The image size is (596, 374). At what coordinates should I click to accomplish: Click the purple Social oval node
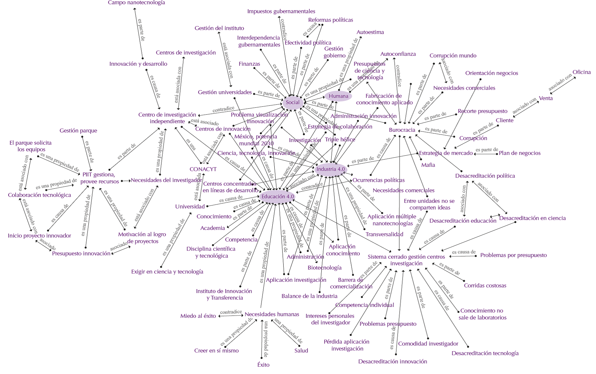coord(293,102)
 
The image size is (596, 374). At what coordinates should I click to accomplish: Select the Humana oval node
coord(338,96)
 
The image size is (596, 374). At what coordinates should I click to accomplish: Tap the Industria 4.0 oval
coord(331,169)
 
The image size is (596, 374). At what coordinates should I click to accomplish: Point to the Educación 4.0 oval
coord(278,196)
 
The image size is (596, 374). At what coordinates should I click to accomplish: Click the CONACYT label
coord(203,169)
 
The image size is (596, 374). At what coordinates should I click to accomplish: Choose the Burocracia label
coord(402,130)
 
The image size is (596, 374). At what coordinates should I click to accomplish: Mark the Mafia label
coord(428,165)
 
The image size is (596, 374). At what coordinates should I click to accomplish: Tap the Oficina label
coord(581,72)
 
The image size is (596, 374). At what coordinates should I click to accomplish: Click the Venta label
coord(546,98)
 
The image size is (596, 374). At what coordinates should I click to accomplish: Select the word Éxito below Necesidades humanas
coord(263,365)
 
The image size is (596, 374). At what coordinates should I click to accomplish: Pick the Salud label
coord(301,351)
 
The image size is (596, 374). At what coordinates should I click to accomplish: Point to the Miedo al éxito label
coord(198,316)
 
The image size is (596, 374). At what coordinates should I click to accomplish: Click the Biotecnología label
coord(325,268)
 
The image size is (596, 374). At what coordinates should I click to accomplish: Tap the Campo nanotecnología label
coord(137,3)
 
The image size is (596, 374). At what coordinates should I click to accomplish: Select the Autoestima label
coord(370,32)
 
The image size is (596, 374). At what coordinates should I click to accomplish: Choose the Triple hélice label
coord(340,139)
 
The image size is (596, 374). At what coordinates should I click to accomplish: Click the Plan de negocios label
coord(520,153)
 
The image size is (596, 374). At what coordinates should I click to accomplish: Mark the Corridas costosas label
coord(485,285)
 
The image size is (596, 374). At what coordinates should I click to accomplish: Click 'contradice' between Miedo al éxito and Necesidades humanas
coord(231,312)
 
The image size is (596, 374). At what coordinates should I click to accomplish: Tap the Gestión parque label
coord(78,131)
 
